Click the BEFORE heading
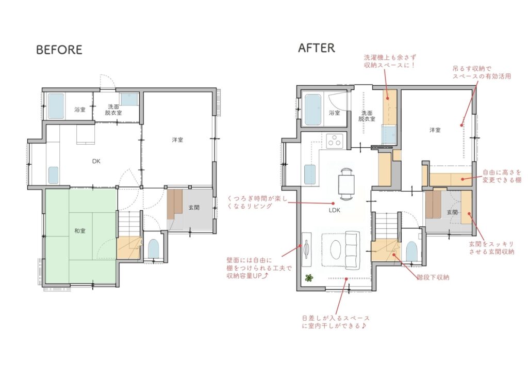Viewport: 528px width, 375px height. pos(59,50)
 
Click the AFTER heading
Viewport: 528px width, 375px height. pos(317,48)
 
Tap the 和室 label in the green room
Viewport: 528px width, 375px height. pos(80,231)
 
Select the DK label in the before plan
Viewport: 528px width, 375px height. pos(96,161)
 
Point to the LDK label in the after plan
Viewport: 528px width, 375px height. pos(334,210)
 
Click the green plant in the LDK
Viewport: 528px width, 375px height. pos(309,278)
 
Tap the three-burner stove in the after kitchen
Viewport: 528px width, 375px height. pos(335,140)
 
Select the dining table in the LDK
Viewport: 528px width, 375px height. pos(347,184)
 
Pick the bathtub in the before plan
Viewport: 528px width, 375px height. pos(56,106)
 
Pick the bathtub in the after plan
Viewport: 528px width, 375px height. pos(313,110)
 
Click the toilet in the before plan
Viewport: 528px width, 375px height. pos(154,248)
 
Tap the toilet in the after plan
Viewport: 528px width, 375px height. pos(411,251)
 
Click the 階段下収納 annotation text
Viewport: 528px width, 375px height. pos(433,277)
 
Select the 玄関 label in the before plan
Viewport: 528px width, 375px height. pos(194,208)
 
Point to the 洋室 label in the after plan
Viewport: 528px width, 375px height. pos(435,130)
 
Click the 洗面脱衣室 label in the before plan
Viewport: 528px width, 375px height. pos(113,110)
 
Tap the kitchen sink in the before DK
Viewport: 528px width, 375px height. pos(54,175)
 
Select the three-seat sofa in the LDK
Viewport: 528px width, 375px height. pos(353,248)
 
